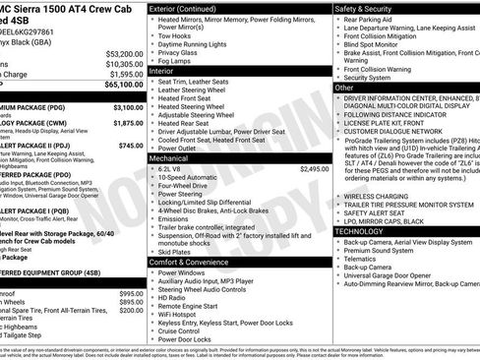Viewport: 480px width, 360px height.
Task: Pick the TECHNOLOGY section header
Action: tap(373, 230)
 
